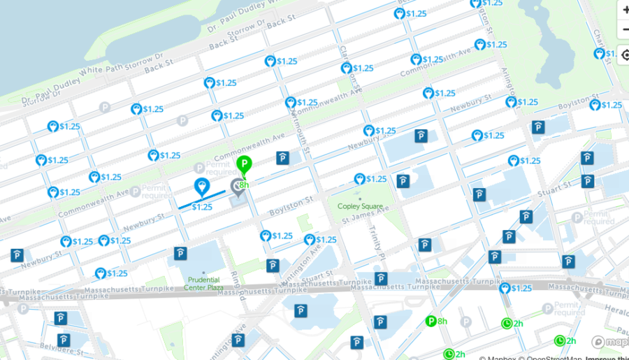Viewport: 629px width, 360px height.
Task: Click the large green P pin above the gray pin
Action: [243, 166]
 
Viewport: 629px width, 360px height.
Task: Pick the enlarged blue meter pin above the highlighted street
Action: [202, 186]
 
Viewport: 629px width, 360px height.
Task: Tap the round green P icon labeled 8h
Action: [431, 322]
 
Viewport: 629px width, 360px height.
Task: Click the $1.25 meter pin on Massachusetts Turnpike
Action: [505, 288]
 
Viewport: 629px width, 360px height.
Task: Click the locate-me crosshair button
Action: [623, 55]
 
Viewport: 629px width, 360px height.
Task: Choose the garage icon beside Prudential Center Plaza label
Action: [180, 253]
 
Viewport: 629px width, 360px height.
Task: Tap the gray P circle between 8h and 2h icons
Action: [466, 322]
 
